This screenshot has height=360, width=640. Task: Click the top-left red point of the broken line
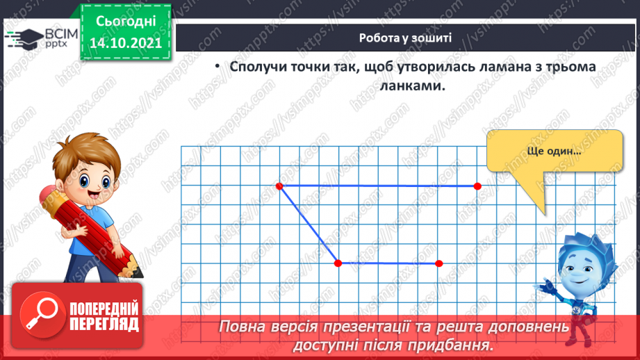click(x=279, y=186)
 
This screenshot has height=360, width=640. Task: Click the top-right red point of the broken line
click(x=477, y=186)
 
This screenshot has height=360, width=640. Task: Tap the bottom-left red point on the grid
click(x=338, y=263)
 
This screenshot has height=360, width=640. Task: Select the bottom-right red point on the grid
click(x=438, y=263)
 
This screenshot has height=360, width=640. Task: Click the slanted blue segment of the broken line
click(x=309, y=224)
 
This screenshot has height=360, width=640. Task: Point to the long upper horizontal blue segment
click(x=379, y=186)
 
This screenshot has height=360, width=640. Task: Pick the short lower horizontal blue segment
click(x=388, y=263)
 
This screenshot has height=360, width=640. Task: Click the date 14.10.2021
click(x=126, y=42)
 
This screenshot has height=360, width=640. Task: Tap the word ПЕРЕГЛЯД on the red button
click(x=104, y=324)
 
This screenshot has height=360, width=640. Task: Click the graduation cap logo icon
click(x=22, y=38)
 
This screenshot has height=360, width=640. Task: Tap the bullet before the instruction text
click(x=217, y=67)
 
